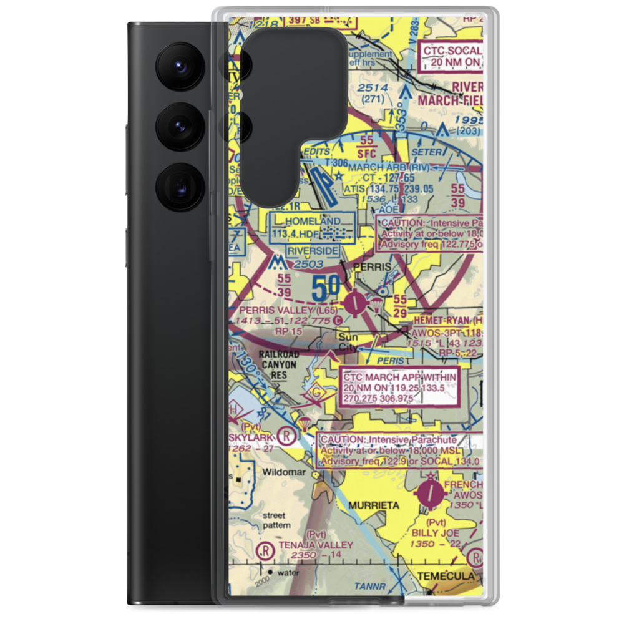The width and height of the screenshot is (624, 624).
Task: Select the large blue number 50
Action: coord(326,289)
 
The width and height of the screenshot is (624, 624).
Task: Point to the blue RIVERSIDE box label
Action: coord(313,251)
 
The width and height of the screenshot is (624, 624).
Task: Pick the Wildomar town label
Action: coord(285,472)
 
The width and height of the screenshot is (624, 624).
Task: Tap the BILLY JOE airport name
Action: coord(435,534)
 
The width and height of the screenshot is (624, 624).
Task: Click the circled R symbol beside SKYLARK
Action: coord(286,434)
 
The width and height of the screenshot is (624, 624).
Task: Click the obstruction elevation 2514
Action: coord(373,88)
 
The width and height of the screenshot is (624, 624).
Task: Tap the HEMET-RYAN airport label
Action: coord(439,319)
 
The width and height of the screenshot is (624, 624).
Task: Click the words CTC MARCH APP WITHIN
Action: coord(399,378)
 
